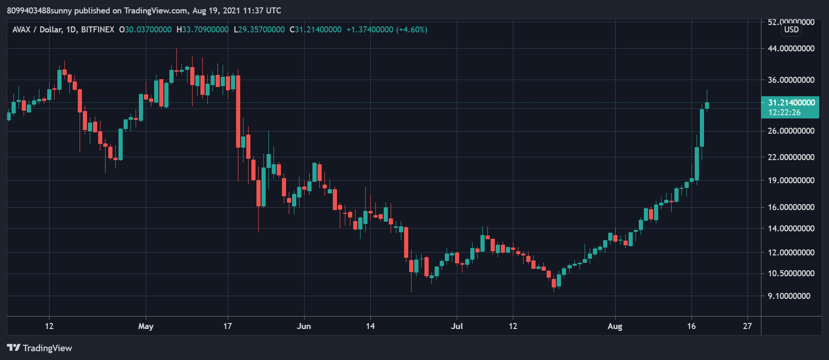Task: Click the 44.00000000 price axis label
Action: point(791,48)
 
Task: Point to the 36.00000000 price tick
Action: point(791,80)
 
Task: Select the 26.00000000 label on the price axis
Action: point(791,131)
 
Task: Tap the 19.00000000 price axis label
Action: point(791,180)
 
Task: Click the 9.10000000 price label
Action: point(789,296)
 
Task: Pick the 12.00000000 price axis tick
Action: point(791,252)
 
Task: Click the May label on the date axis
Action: point(146,326)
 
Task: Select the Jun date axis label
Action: point(304,326)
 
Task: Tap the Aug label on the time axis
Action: point(615,326)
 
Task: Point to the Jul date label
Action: point(457,326)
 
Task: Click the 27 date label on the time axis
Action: point(748,326)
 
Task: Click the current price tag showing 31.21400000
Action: point(792,103)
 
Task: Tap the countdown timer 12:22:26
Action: point(784,112)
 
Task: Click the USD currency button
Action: point(792,30)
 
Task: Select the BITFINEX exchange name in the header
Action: point(98,30)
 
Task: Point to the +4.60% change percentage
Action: point(411,30)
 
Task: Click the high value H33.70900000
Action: point(203,30)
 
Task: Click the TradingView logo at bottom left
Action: point(40,348)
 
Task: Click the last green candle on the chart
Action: point(707,106)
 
